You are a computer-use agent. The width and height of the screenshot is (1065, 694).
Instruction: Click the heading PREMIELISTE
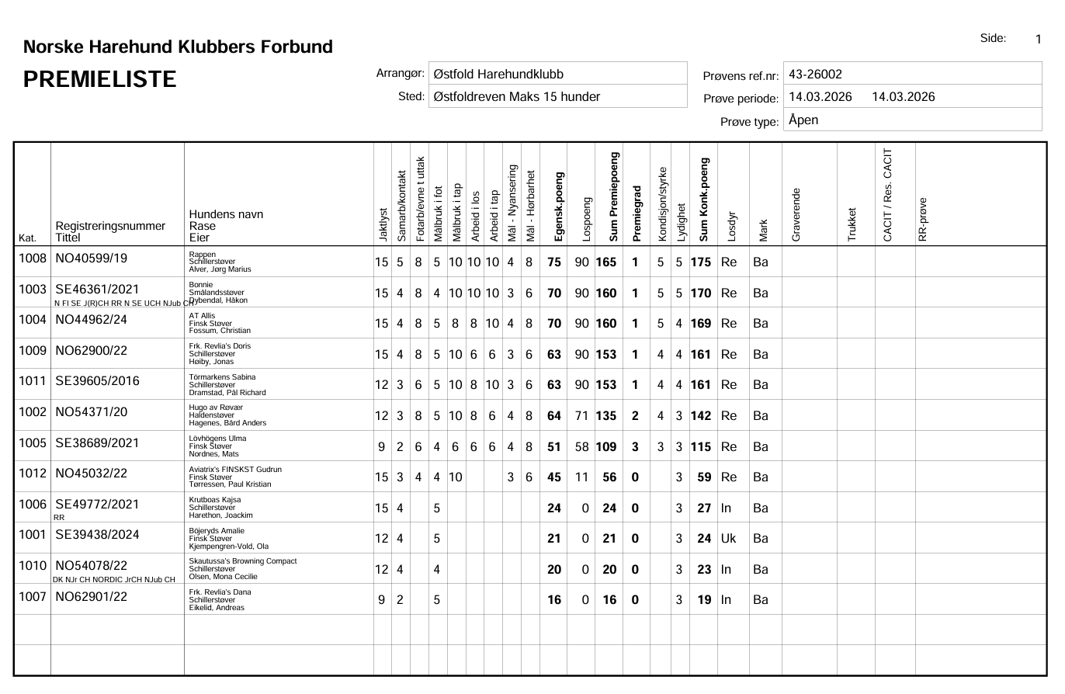[x=100, y=79]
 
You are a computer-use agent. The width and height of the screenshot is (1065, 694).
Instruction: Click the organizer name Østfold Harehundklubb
[x=498, y=75]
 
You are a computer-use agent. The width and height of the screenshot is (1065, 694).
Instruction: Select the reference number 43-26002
[x=815, y=75]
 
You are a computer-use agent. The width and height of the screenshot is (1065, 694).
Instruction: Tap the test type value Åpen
[x=803, y=120]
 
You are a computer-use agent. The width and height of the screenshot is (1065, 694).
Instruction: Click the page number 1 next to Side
[x=1039, y=40]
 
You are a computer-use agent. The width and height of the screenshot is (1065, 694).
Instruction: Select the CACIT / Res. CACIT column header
[x=888, y=195]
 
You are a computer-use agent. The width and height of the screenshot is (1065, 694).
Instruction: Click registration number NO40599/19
[x=92, y=259]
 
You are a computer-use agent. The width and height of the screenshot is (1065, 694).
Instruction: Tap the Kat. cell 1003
[x=33, y=290]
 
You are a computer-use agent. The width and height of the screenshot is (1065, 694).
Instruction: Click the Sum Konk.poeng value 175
[x=701, y=262]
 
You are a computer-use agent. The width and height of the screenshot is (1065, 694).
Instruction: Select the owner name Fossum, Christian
[x=220, y=331]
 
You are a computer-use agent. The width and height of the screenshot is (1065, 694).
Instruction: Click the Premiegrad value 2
[x=635, y=416]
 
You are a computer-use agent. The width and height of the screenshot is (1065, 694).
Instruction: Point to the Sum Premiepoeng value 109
[x=605, y=446]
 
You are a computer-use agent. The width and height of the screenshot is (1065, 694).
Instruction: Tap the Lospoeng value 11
[x=581, y=477]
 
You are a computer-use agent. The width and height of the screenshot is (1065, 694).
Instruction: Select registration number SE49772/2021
[x=97, y=505]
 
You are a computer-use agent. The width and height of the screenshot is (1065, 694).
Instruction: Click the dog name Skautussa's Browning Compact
[x=243, y=560]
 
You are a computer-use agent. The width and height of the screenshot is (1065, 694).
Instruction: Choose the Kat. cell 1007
[x=33, y=597]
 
